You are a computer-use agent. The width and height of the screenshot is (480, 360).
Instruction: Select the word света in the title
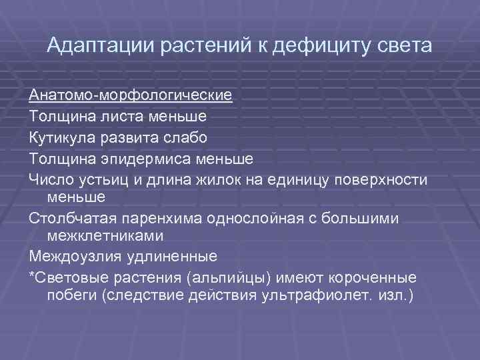402,46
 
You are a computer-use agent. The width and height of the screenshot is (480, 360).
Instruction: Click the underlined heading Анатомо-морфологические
131,94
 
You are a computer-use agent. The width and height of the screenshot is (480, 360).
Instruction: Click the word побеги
71,294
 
